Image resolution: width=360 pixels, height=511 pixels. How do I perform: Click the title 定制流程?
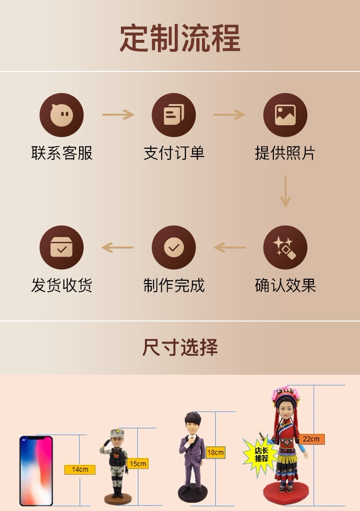pos(180,38)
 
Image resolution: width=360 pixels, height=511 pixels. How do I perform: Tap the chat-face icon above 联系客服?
pos(61,115)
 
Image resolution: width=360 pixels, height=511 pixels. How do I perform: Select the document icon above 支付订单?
pos(174,115)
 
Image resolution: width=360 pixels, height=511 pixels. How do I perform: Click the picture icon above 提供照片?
pos(285,115)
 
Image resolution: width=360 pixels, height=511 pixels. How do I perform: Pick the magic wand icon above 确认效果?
pos(285,248)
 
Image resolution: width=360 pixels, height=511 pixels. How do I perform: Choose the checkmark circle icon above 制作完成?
pos(174,248)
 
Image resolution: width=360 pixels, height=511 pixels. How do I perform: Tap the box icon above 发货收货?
pos(61,248)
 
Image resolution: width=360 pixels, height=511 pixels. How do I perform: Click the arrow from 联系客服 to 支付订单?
pos(118,115)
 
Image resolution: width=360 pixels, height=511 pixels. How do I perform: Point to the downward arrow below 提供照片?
pos(286,191)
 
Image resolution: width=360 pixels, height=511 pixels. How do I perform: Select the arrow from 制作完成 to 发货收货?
pos(118,248)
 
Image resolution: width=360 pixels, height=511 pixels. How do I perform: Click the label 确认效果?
pos(285,285)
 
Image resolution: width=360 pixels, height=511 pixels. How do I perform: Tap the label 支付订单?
pos(174,154)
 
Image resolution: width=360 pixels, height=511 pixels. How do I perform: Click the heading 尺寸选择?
pos(180,347)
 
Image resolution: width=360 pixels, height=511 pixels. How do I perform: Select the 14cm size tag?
pos(80,469)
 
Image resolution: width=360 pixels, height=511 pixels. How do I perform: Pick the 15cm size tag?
pos(137,463)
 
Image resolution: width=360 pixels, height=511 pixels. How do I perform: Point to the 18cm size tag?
pos(215,452)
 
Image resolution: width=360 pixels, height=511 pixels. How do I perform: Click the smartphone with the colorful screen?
pos(36,471)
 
